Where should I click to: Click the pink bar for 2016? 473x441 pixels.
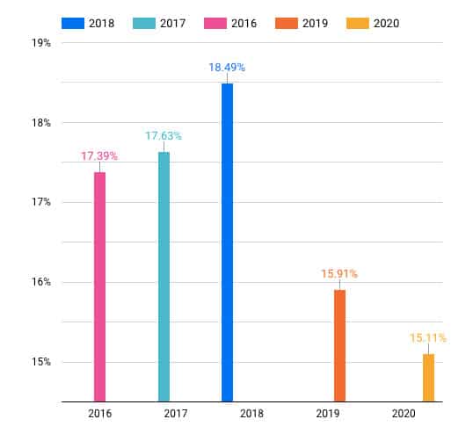(99, 286)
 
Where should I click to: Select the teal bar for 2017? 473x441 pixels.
(164, 277)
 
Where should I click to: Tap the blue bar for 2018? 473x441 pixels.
(227, 242)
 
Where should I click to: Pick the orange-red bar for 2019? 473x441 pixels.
(339, 345)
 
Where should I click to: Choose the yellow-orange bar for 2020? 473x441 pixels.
(428, 377)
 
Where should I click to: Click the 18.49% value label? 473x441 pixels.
(227, 67)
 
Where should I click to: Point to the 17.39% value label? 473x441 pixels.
(99, 155)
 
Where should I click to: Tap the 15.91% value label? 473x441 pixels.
(339, 273)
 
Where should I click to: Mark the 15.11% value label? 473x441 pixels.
(428, 337)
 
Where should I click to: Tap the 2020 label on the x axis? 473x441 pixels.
(404, 415)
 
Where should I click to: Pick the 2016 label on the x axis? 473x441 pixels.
(99, 415)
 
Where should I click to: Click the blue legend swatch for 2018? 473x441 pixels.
(74, 22)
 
